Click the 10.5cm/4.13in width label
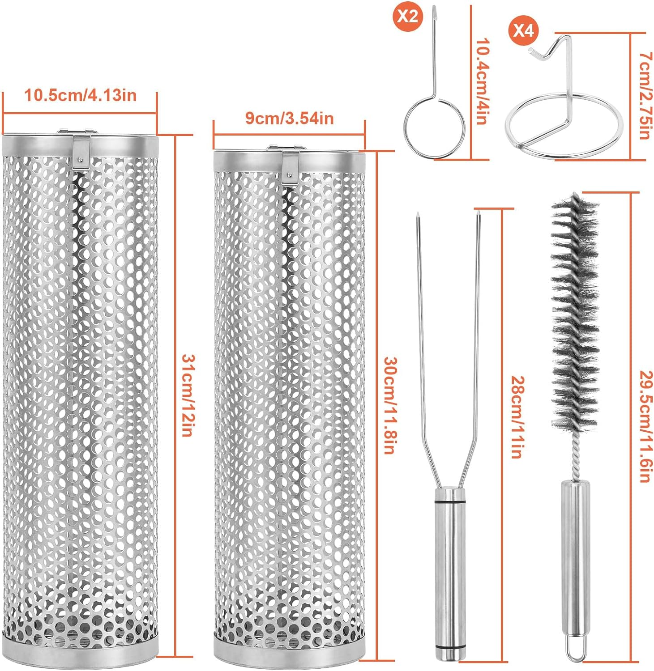pos(80,95)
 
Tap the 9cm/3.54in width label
pos(289,118)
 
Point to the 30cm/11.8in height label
pos(389,405)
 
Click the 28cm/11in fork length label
pos(517,416)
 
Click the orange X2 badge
pos(407,17)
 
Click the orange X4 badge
pos(523,31)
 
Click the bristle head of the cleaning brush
pos(574,313)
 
